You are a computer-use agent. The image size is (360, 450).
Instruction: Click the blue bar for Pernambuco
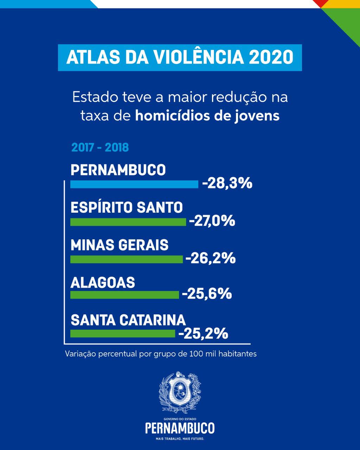coord(134,184)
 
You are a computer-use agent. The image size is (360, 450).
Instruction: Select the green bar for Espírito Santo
coord(128,222)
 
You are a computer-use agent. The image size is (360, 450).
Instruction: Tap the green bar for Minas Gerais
coord(127,259)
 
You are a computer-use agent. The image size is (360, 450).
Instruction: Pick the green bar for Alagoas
coord(124,295)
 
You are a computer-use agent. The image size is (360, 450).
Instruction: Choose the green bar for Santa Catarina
coord(123,333)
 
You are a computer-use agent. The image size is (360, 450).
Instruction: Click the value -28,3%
coord(227,183)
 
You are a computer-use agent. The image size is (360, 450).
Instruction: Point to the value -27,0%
coord(212,221)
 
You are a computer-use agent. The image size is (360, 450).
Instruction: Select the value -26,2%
coord(210,259)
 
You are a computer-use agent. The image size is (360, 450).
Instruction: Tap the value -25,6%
coord(207,294)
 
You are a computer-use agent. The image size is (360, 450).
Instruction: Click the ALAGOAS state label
coord(103,282)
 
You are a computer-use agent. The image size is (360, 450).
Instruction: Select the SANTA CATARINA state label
coord(128,320)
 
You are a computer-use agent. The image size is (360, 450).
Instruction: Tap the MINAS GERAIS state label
coord(120,245)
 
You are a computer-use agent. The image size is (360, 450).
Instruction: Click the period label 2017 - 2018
coord(100,147)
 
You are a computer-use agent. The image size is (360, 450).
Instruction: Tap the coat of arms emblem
coord(180,392)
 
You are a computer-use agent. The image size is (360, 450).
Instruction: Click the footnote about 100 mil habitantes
coord(161,354)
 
